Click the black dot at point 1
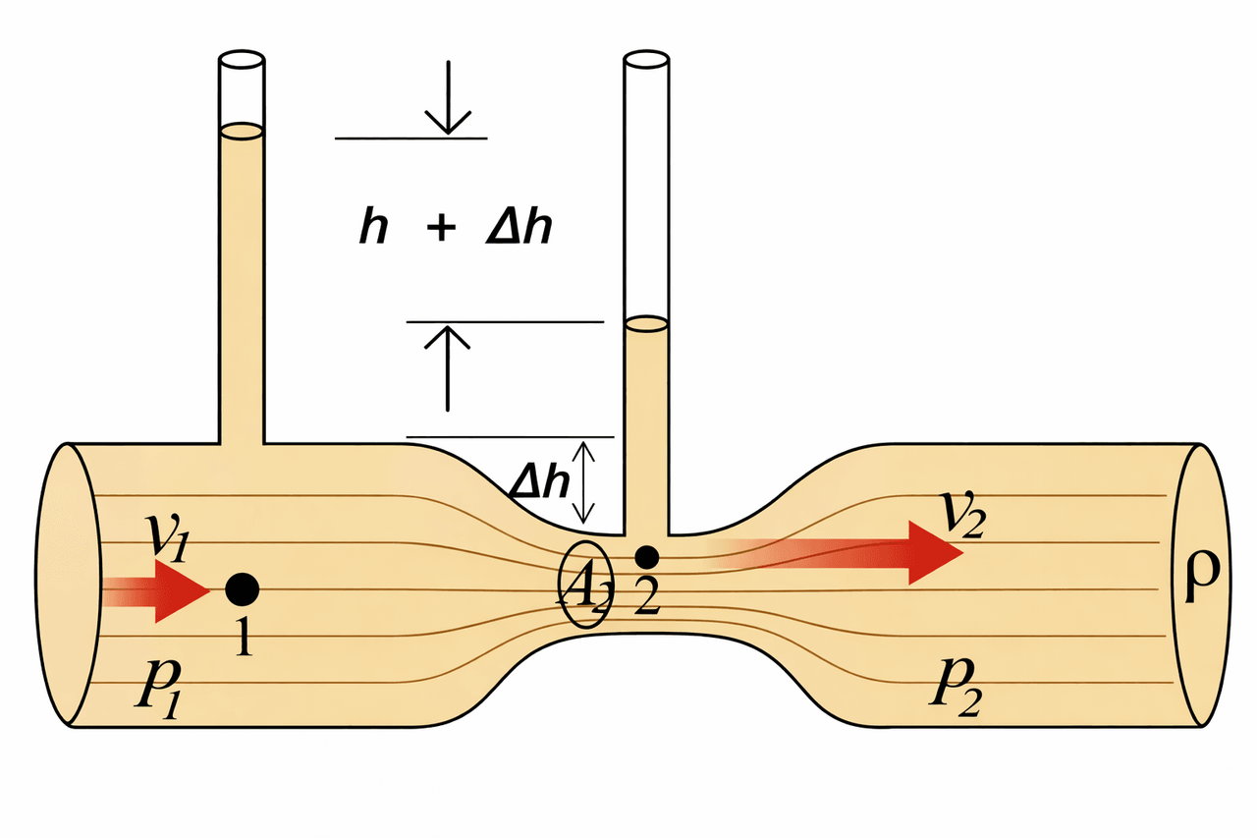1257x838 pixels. click(x=242, y=589)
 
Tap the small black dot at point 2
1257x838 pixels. click(x=646, y=557)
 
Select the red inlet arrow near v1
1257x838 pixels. click(x=157, y=591)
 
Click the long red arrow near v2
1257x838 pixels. click(x=845, y=552)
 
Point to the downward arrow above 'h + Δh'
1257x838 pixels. click(x=448, y=98)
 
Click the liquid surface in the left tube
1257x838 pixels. click(x=241, y=130)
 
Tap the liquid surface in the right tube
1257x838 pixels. click(x=646, y=322)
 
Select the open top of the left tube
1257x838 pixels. click(x=241, y=60)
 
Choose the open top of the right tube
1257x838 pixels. click(x=647, y=60)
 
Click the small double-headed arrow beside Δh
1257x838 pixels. click(x=584, y=481)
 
